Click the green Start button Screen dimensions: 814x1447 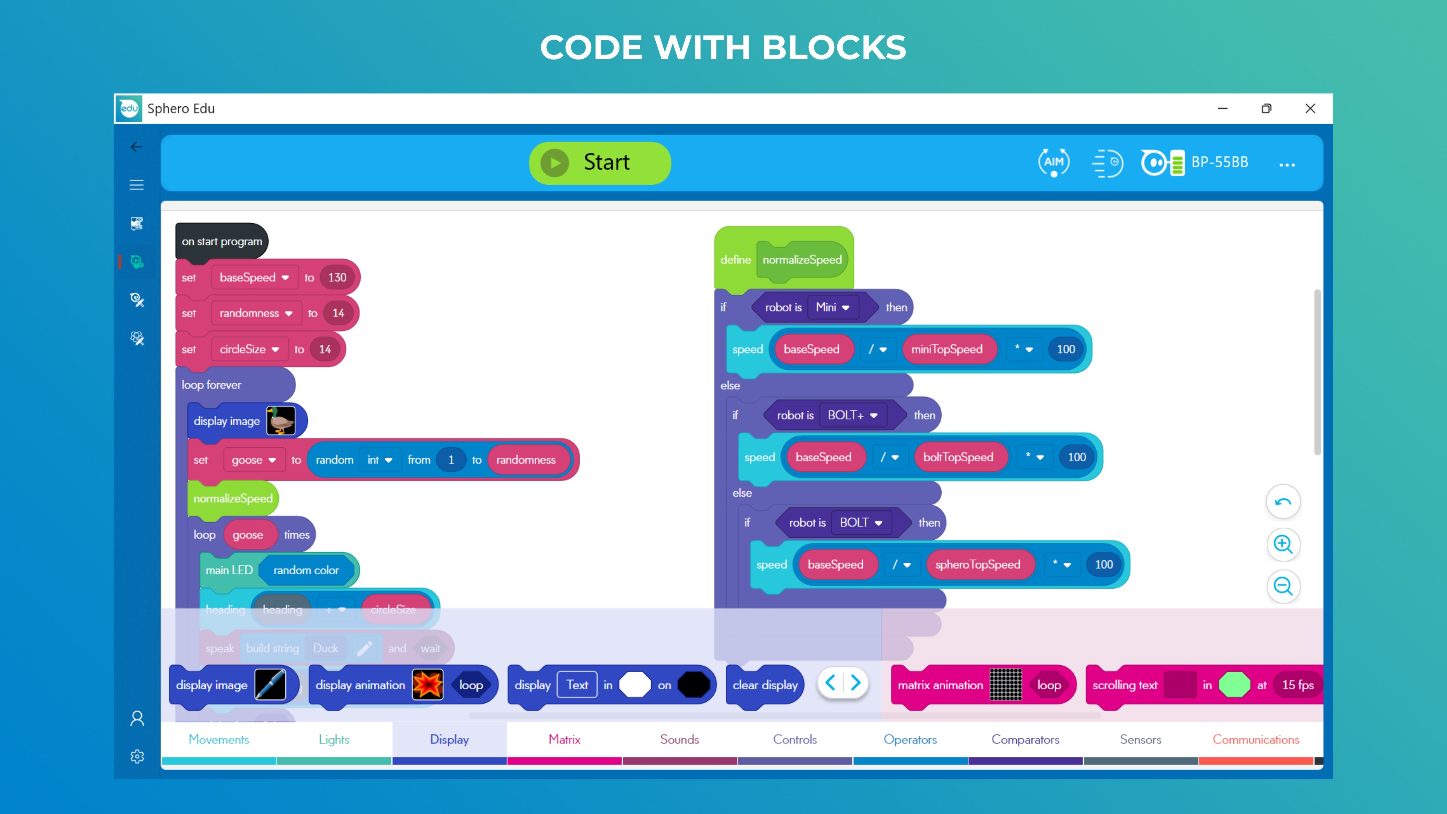[x=600, y=163]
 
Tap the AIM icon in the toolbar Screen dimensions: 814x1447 [x=1054, y=162]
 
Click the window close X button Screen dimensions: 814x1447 [x=1310, y=109]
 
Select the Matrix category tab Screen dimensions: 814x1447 [x=564, y=739]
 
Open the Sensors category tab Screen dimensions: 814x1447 [x=1140, y=739]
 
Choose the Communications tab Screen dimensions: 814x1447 [x=1256, y=739]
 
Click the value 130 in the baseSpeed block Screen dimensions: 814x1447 [x=337, y=277]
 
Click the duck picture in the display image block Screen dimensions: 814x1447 [x=280, y=421]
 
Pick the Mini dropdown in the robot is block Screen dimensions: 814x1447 [x=832, y=307]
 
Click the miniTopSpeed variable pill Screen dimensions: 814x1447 [x=947, y=349]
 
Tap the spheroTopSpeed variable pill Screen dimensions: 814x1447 [x=977, y=565]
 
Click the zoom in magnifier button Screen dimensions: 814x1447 [x=1283, y=544]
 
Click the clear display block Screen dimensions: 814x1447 [x=765, y=685]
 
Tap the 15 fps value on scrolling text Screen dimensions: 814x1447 [x=1297, y=685]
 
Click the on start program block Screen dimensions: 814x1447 [x=222, y=242]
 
